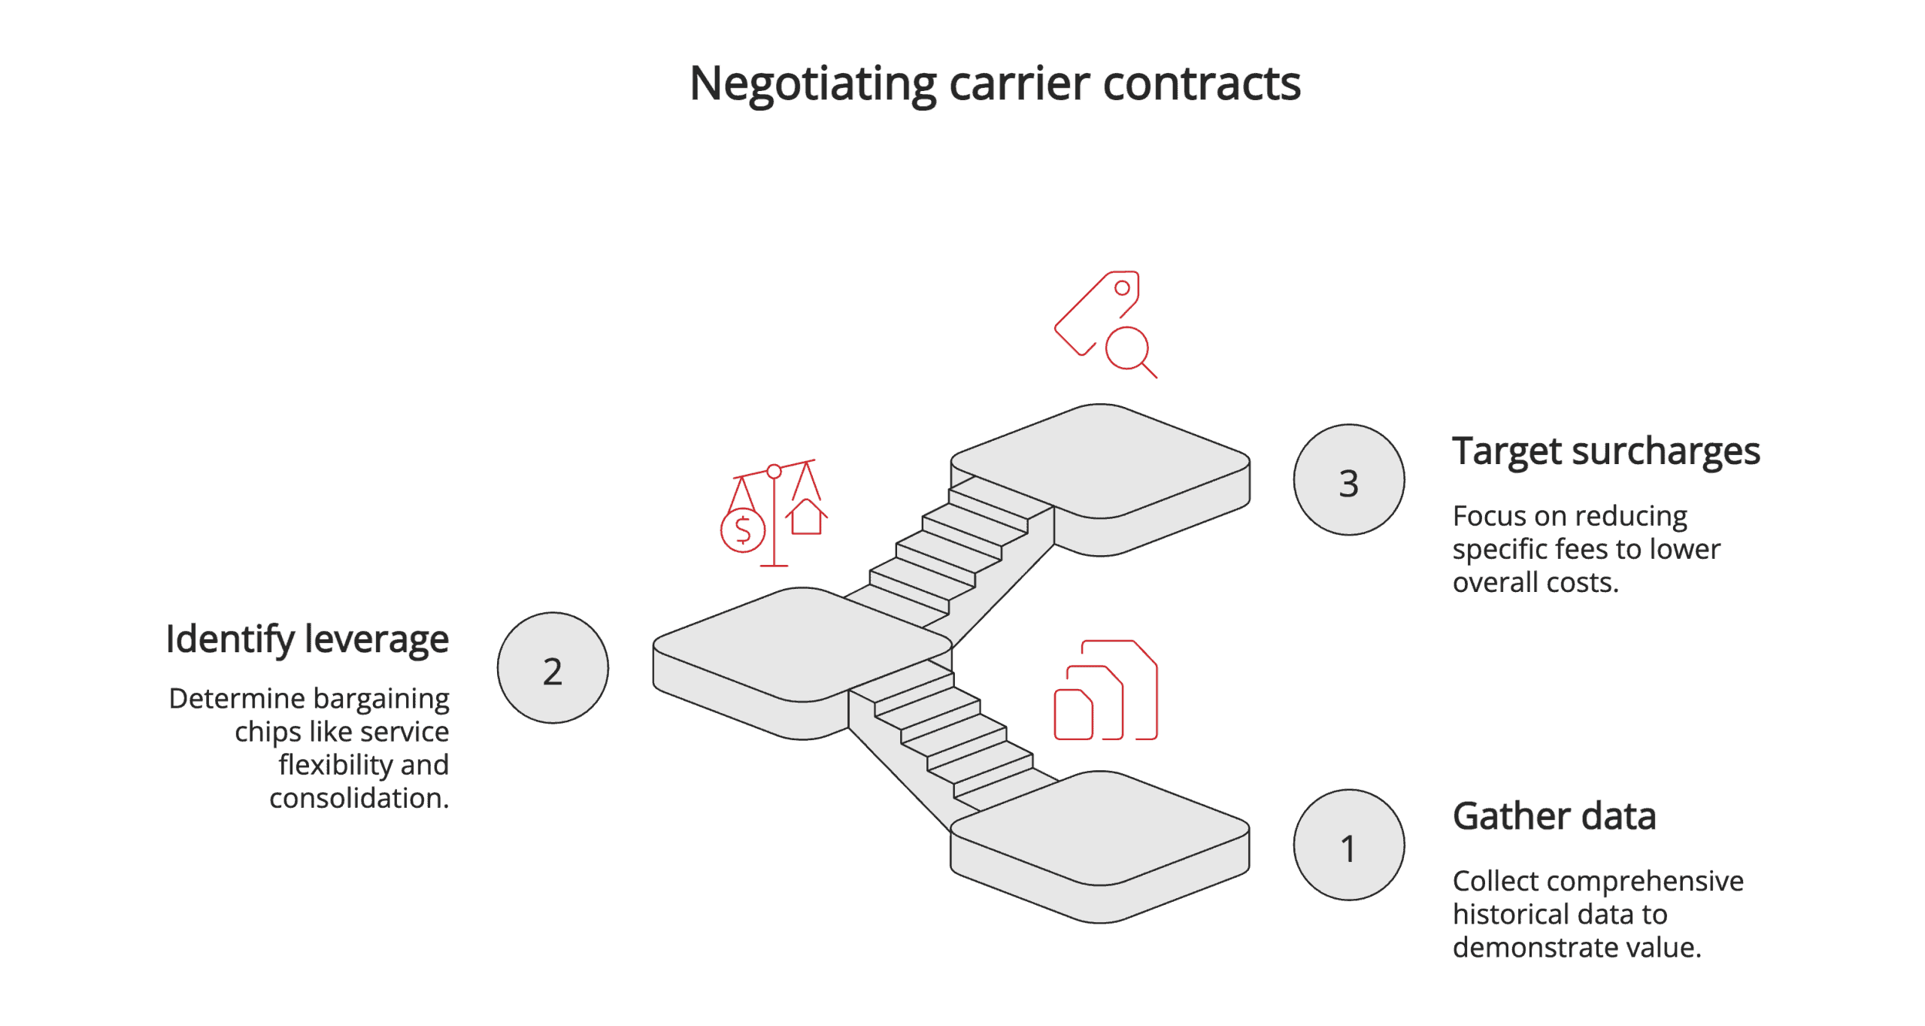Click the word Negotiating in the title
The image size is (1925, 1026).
pos(812,83)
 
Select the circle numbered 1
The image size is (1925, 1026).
pos(1348,845)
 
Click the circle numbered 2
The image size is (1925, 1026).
pos(553,668)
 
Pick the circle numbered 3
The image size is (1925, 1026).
pos(1348,480)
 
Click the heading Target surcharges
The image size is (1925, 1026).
pos(1605,451)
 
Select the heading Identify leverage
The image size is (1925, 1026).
pos(307,639)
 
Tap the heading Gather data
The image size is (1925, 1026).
pos(1554,816)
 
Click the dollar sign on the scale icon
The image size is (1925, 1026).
pos(743,530)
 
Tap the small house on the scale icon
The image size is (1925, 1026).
pos(806,517)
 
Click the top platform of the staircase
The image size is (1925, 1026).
pos(1099,460)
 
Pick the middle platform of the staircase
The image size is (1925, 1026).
pos(802,643)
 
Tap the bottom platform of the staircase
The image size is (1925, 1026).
pos(1099,827)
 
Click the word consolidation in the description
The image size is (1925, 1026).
pos(359,798)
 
